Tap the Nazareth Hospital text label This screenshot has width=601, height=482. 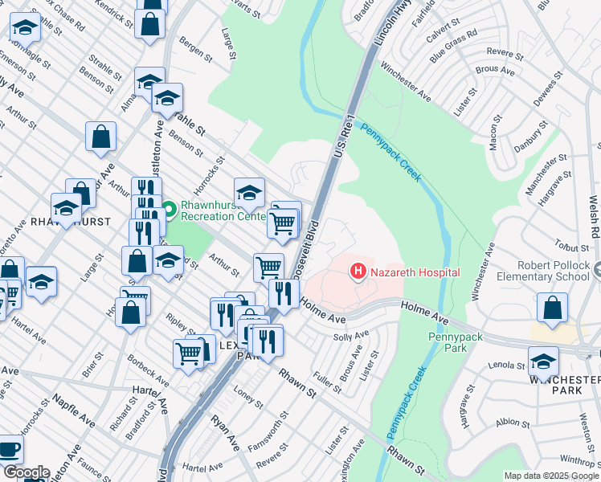[x=415, y=273]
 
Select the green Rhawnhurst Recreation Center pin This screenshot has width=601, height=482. [x=169, y=210]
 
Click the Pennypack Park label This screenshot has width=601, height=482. [x=455, y=343]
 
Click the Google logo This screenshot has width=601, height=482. [x=27, y=472]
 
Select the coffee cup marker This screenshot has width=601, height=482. [x=9, y=449]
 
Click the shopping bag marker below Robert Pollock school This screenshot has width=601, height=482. [x=553, y=308]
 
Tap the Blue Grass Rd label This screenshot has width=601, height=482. [x=453, y=47]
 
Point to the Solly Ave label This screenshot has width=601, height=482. [x=351, y=334]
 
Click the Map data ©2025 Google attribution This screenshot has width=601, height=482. [x=551, y=476]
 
